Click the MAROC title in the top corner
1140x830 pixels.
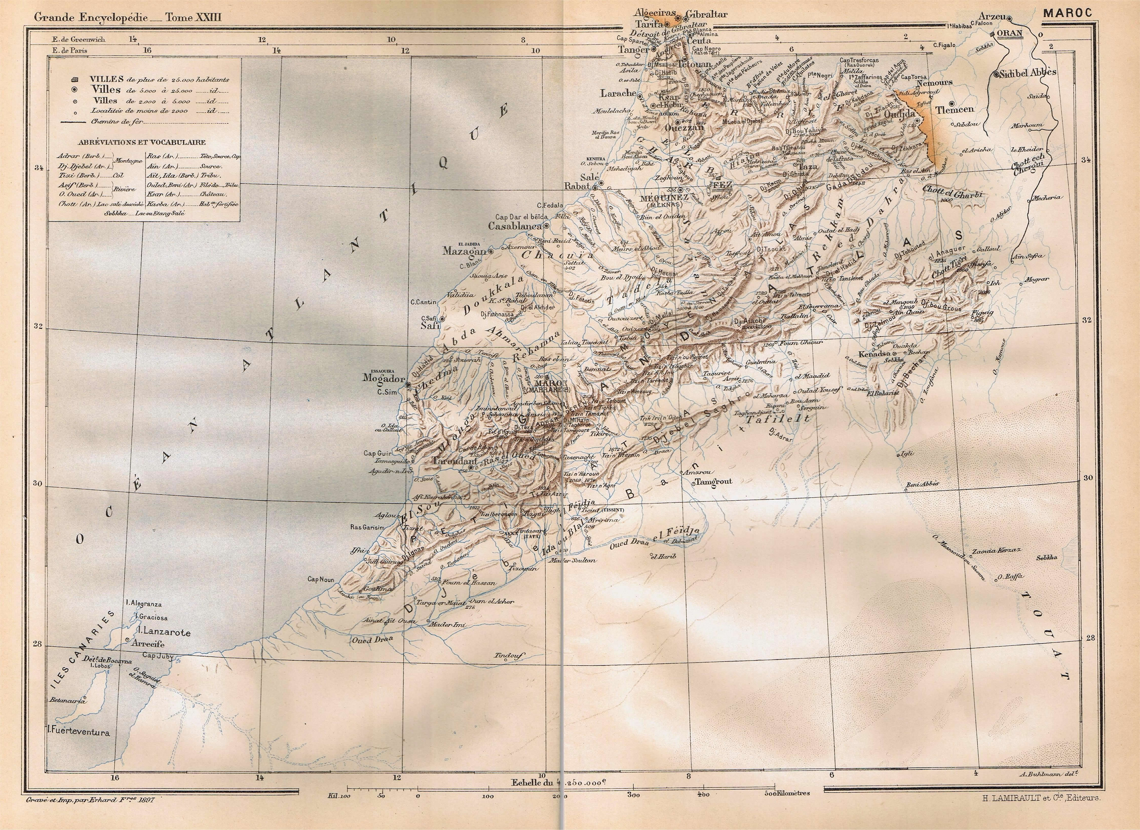coord(1068,13)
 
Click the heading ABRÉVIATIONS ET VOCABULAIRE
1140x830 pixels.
coord(142,142)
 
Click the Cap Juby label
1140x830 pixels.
coord(157,656)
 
